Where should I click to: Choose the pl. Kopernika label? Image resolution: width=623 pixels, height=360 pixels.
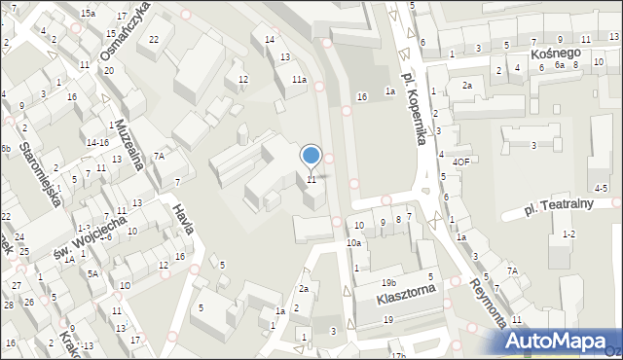click(415, 110)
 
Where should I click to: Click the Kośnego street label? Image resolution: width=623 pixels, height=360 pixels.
click(556, 52)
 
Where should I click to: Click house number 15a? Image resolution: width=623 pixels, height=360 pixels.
click(89, 13)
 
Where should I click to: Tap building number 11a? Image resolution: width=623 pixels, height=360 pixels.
click(299, 80)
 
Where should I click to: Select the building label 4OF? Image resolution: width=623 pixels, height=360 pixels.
click(461, 162)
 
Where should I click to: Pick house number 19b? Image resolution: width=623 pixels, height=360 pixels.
click(388, 282)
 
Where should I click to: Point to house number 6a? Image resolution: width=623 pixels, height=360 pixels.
click(560, 64)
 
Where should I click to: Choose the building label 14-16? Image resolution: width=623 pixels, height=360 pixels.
click(96, 142)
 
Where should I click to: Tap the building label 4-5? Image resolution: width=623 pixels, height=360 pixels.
click(601, 187)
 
